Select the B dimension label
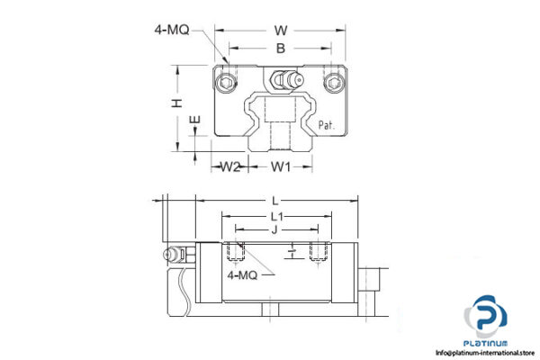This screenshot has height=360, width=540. pyautogui.click(x=280, y=47)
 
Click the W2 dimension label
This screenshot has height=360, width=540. pyautogui.click(x=230, y=166)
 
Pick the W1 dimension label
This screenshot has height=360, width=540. pyautogui.click(x=282, y=166)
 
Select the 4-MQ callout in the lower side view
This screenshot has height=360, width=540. pyautogui.click(x=242, y=275)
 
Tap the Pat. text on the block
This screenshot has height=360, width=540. pyautogui.click(x=325, y=125)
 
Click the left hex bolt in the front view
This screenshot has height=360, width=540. pyautogui.click(x=225, y=85)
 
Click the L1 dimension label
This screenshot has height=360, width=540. pyautogui.click(x=277, y=217)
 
